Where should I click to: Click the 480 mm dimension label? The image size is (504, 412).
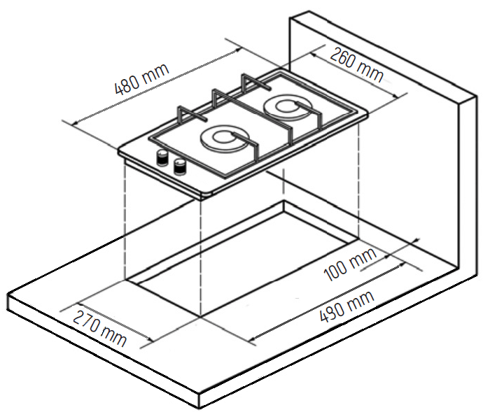tap(141, 79)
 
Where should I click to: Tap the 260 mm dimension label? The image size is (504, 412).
tap(357, 64)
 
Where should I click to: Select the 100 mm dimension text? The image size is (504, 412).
tap(351, 264)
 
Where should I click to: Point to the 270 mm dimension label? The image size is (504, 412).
tap(99, 327)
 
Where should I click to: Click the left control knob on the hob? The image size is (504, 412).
tap(162, 157)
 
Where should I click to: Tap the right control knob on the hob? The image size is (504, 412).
tap(179, 166)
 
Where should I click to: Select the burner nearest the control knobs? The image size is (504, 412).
tap(225, 140)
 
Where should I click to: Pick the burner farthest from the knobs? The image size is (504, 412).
tap(288, 108)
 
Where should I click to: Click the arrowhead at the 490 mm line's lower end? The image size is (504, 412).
tap(253, 338)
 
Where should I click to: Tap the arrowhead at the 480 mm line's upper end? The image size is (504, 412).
tap(237, 50)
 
